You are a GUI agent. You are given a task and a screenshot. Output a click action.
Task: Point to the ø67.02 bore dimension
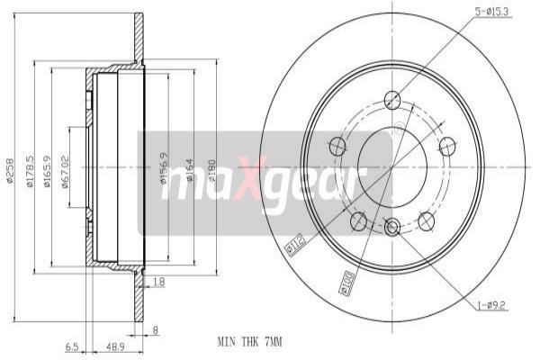66,170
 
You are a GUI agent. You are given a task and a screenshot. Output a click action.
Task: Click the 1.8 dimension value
158,282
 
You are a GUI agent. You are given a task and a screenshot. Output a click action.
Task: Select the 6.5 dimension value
71,345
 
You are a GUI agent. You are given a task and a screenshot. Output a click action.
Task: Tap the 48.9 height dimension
114,345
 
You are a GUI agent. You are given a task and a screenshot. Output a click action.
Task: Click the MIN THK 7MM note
248,342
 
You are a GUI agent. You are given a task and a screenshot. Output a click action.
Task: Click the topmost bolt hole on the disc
391,100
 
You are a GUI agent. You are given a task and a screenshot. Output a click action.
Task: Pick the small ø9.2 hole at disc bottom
391,228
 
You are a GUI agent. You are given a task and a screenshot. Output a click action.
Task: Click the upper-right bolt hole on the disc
445,145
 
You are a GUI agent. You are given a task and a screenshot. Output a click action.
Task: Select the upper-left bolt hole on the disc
337,145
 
